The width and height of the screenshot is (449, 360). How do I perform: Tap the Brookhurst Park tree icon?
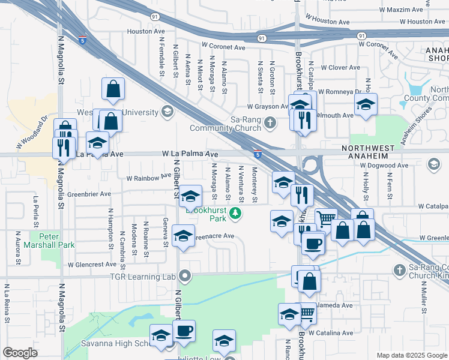pyautogui.click(x=237, y=212)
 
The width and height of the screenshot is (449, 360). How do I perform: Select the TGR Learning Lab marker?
pyautogui.click(x=185, y=277)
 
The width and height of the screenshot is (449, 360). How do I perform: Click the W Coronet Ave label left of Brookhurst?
pyautogui.click(x=224, y=46)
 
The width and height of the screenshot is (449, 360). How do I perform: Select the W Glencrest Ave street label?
pyautogui.click(x=92, y=264)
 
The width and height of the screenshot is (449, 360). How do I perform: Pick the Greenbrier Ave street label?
pyautogui.click(x=89, y=194)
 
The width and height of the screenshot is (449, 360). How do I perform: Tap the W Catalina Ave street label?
pyautogui.click(x=332, y=332)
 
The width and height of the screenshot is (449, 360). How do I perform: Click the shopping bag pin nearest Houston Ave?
pyautogui.click(x=113, y=90)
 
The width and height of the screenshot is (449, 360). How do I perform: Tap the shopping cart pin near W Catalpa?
pyautogui.click(x=326, y=220)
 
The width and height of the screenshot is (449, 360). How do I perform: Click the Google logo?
pyautogui.click(x=20, y=353)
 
